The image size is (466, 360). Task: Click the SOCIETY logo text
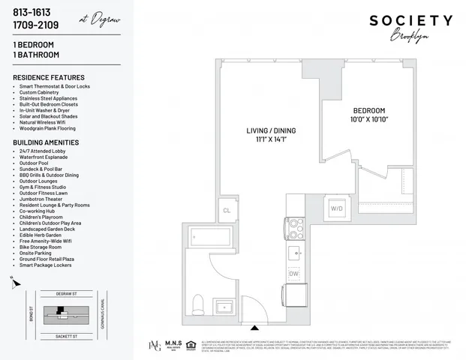410,20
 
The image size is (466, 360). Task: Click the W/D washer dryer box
338,207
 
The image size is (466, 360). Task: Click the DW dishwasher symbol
294,275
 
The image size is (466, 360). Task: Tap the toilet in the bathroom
198,303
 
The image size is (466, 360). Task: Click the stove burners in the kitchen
293,228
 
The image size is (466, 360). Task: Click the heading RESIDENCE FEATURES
49,77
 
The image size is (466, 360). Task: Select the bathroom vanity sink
223,307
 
